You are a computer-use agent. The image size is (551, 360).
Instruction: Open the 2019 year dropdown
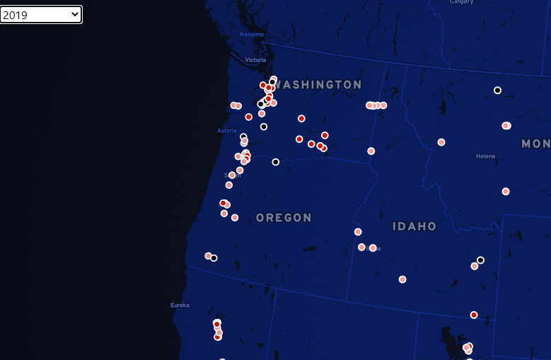tap(41, 14)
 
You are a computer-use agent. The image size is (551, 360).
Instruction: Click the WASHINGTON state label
tap(318, 85)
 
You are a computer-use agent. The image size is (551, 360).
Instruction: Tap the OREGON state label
tap(284, 218)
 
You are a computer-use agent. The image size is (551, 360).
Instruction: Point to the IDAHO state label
tap(414, 226)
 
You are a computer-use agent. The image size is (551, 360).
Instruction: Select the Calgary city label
tap(462, 2)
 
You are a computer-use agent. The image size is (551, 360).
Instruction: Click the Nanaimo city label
tap(251, 34)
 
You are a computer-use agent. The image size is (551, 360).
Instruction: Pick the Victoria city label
tap(255, 60)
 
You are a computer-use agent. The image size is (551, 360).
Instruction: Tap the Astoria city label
tap(226, 131)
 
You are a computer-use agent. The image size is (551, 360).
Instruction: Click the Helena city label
tap(485, 156)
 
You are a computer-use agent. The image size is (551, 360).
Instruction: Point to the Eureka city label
tap(180, 306)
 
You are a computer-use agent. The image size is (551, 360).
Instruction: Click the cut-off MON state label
tap(535, 144)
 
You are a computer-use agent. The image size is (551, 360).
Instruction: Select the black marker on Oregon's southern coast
tap(214, 258)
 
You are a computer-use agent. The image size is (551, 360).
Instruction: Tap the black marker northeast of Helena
tap(497, 91)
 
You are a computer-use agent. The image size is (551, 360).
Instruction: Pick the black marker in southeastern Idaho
tap(480, 260)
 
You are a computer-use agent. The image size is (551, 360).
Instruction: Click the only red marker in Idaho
tap(474, 315)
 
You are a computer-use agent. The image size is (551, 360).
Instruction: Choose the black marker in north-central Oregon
tap(275, 162)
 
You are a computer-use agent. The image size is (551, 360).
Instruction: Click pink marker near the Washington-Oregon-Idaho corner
tap(371, 151)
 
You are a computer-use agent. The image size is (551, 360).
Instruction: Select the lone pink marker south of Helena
tap(506, 191)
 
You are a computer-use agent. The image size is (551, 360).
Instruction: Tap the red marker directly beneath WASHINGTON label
tap(301, 118)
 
